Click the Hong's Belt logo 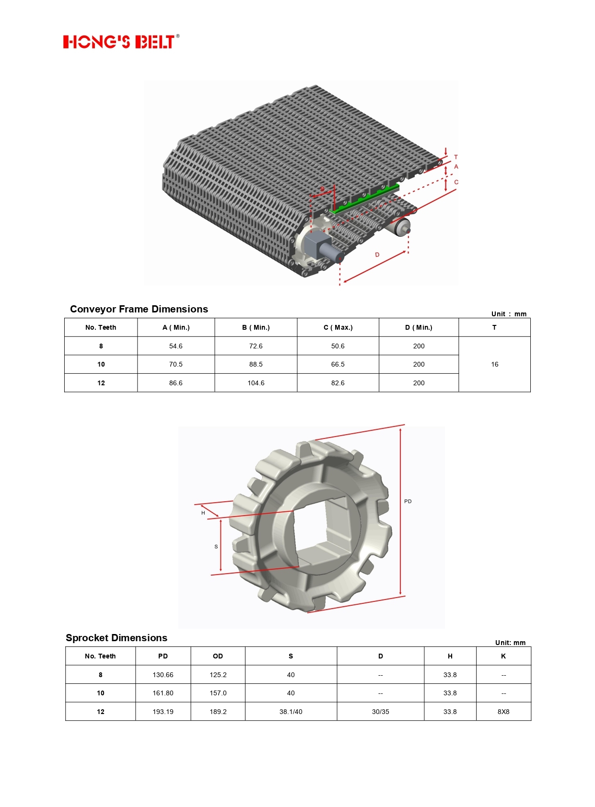(121, 41)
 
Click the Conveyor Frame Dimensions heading (139, 309)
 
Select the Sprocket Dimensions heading (117, 638)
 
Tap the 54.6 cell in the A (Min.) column (176, 346)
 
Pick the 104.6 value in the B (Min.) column (256, 383)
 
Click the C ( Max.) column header (338, 327)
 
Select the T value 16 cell (494, 364)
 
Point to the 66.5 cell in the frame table (338, 364)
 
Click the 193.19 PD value (163, 712)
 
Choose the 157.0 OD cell (218, 693)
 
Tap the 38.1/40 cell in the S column (291, 712)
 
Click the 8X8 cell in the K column (503, 712)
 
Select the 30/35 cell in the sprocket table (381, 712)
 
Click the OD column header (218, 656)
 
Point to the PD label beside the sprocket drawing (408, 501)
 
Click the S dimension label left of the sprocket (216, 546)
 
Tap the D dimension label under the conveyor (377, 255)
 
